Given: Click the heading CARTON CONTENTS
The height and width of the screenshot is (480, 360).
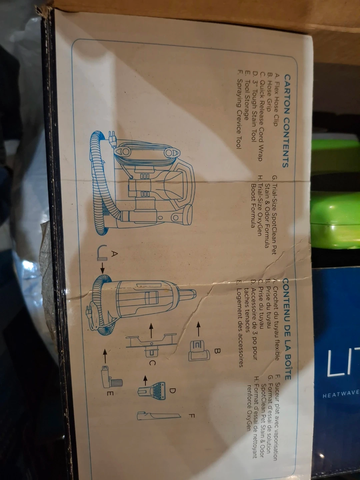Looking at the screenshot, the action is coord(287,121).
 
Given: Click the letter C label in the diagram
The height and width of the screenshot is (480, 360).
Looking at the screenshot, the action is coord(152,363).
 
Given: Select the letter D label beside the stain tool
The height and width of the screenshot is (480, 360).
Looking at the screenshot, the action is coord(172,391).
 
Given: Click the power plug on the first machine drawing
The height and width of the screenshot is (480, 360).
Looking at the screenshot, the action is coord(112,139).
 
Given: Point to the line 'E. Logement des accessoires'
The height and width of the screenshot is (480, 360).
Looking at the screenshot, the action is coord(240,323).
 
